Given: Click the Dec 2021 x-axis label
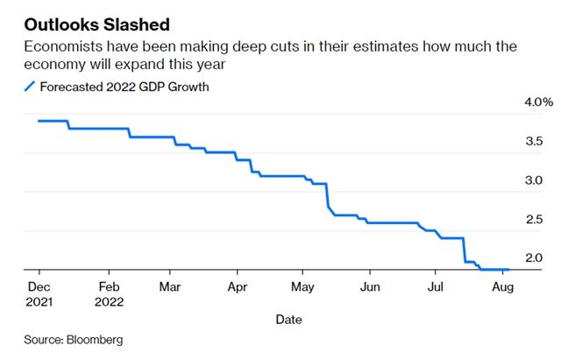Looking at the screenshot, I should pos(39,293).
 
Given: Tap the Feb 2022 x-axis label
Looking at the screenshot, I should pos(108,293).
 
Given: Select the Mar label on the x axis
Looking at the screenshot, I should pos(171,286).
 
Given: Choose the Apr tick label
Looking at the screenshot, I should pos(237,286).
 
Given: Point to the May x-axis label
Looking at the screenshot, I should pos(302,286).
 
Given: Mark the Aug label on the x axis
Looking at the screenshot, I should pos(501,286).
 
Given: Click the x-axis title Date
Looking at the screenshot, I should pos(288,320).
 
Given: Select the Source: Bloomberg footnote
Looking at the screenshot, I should pos(74,339).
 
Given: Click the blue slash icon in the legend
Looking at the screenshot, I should pos(29,86).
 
